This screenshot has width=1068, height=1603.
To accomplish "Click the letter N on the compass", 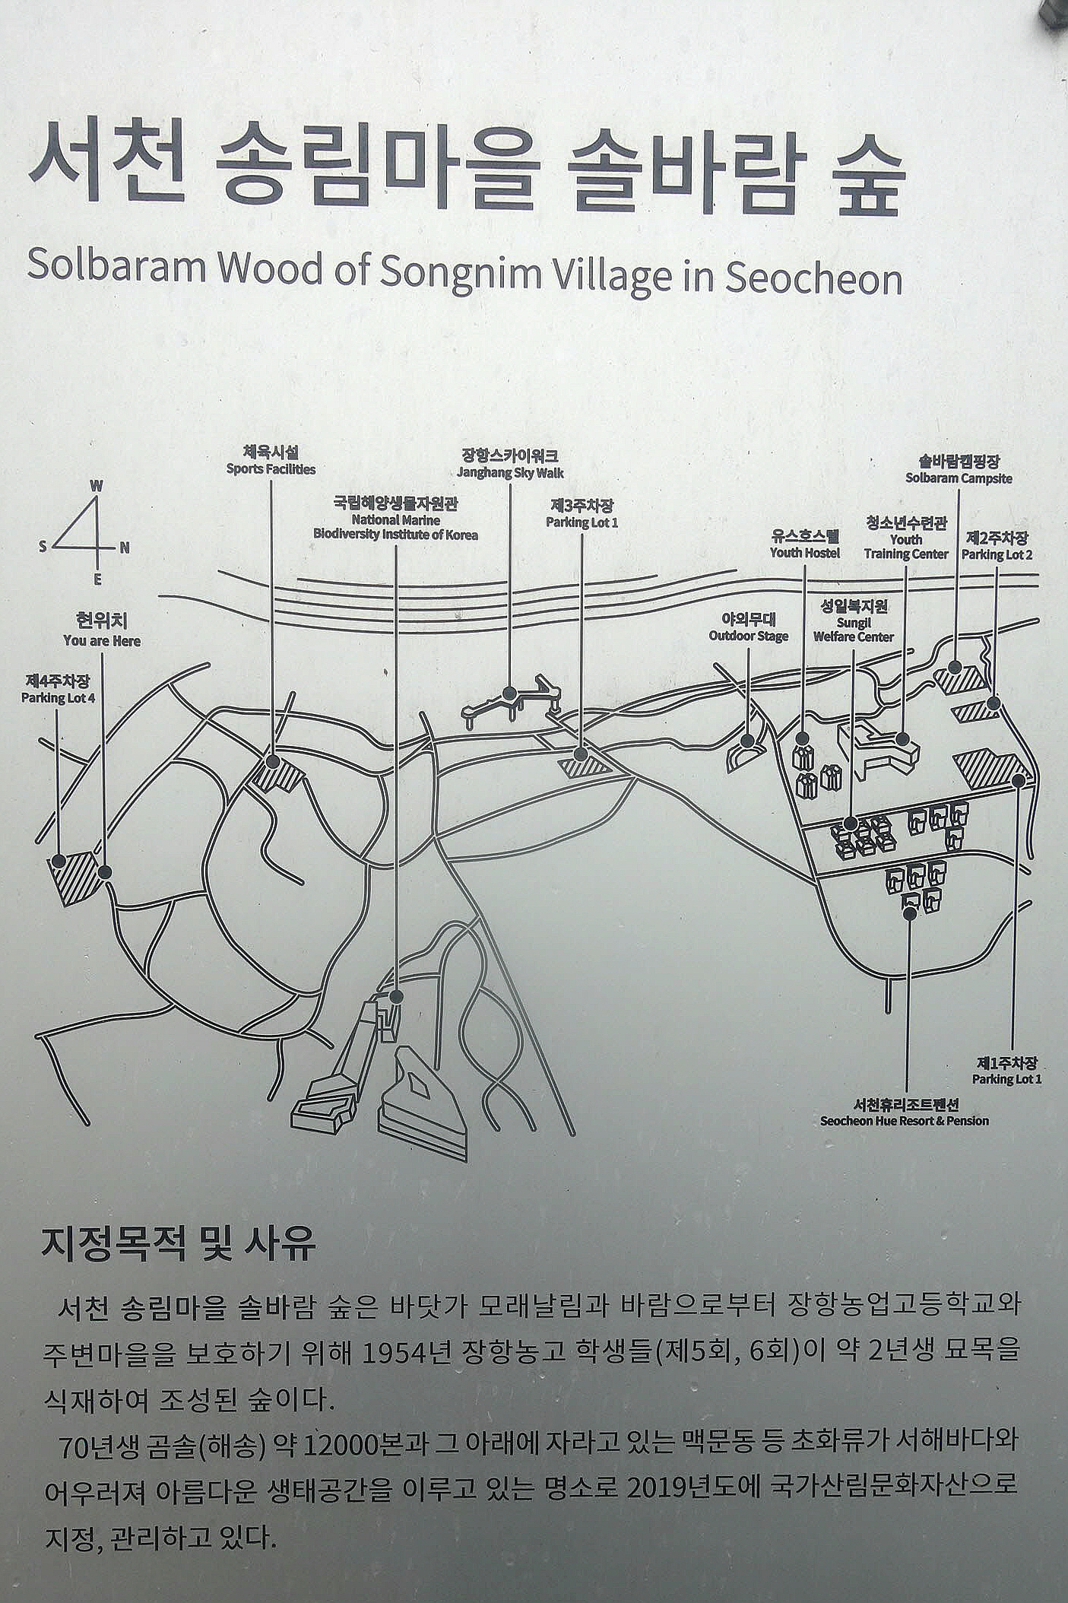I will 125,548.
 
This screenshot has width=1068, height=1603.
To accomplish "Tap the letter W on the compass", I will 97,486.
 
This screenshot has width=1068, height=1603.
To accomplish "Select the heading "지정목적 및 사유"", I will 178,1245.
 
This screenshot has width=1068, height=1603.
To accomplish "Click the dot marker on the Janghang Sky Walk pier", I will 509,694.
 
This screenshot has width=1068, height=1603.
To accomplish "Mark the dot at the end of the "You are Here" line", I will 105,872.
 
